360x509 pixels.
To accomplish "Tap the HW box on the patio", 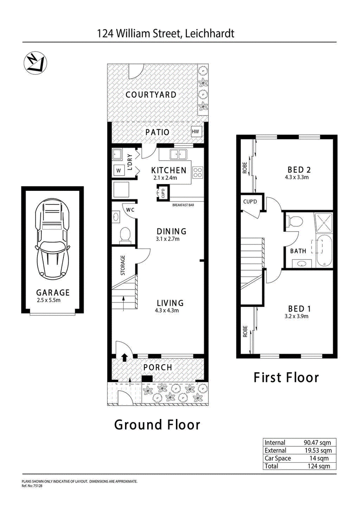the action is [195, 132].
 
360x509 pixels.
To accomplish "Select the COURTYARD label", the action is [151, 95].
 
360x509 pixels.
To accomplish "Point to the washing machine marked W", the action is [118, 171].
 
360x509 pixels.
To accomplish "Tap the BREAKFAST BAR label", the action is [183, 205].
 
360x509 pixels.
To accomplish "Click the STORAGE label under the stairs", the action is [123, 265].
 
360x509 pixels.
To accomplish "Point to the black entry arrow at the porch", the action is [124, 357].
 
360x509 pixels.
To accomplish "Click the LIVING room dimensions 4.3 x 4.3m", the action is [167, 311].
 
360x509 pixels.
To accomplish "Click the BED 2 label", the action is [299, 170].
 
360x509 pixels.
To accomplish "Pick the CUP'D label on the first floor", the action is [250, 202].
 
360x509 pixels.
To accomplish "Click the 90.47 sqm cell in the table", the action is [317, 442].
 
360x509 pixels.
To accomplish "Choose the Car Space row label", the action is [278, 458].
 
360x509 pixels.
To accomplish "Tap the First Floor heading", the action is [286, 378].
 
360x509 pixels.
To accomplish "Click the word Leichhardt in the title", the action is [209, 33].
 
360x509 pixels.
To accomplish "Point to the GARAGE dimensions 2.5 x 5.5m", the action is [49, 300].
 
